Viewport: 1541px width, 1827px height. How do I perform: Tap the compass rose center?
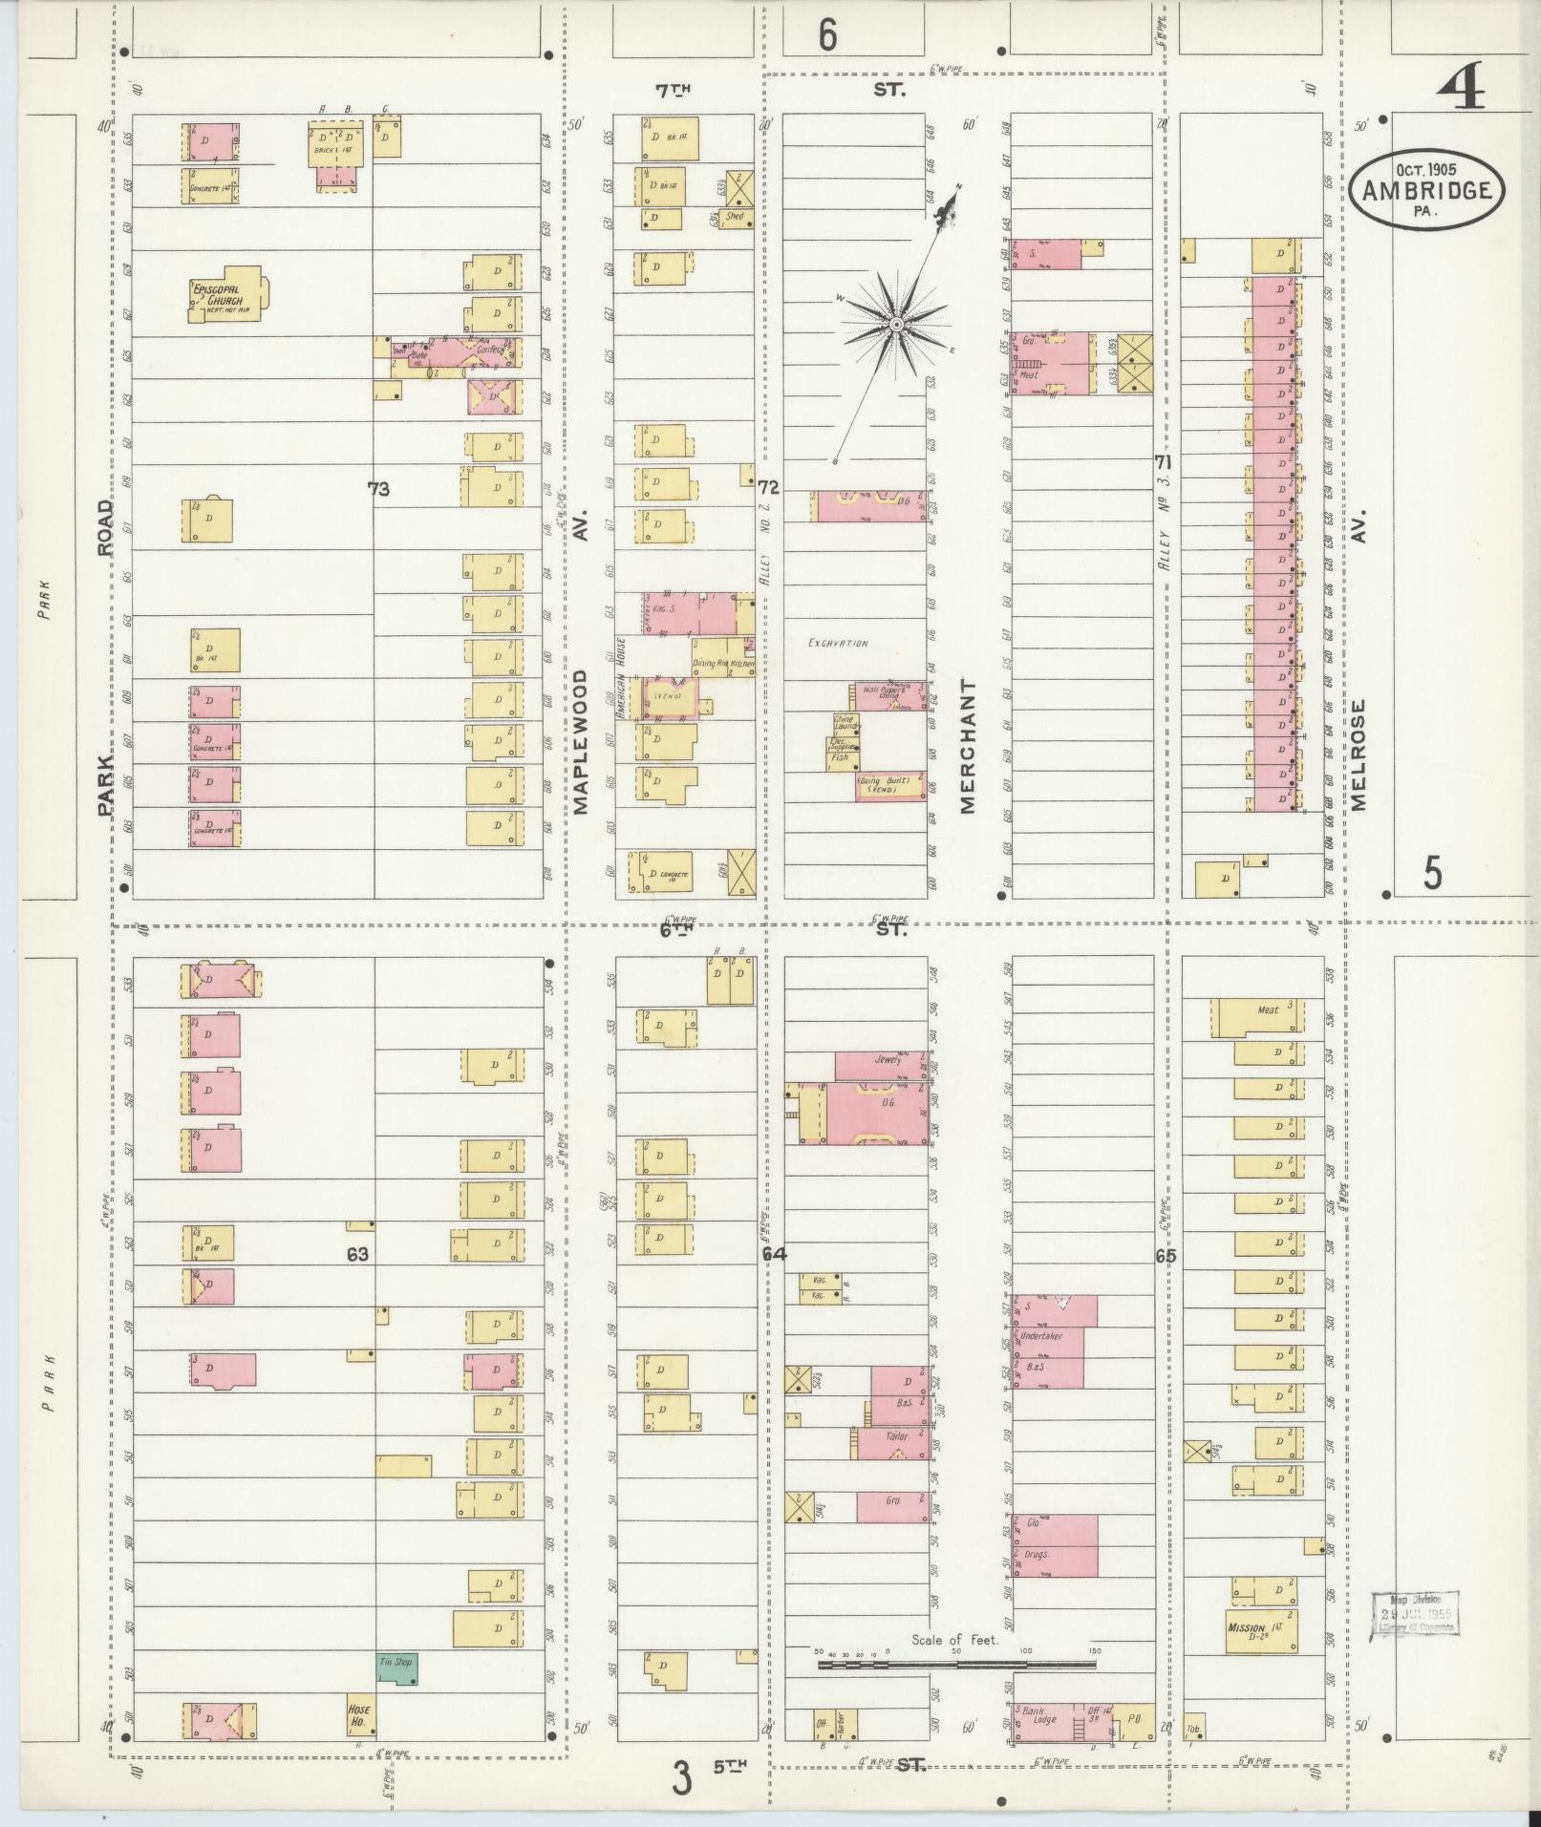pos(897,326)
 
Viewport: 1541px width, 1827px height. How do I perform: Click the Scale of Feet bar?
pos(956,1665)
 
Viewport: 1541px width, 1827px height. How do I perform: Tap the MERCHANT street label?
pos(969,746)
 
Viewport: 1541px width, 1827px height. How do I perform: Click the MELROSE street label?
pos(1359,754)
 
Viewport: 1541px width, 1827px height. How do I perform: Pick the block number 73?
pos(378,489)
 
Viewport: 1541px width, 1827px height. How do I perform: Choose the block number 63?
pos(357,1254)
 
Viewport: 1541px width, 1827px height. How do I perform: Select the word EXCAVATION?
pos(837,644)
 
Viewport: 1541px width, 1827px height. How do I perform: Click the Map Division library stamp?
pos(1415,1613)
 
